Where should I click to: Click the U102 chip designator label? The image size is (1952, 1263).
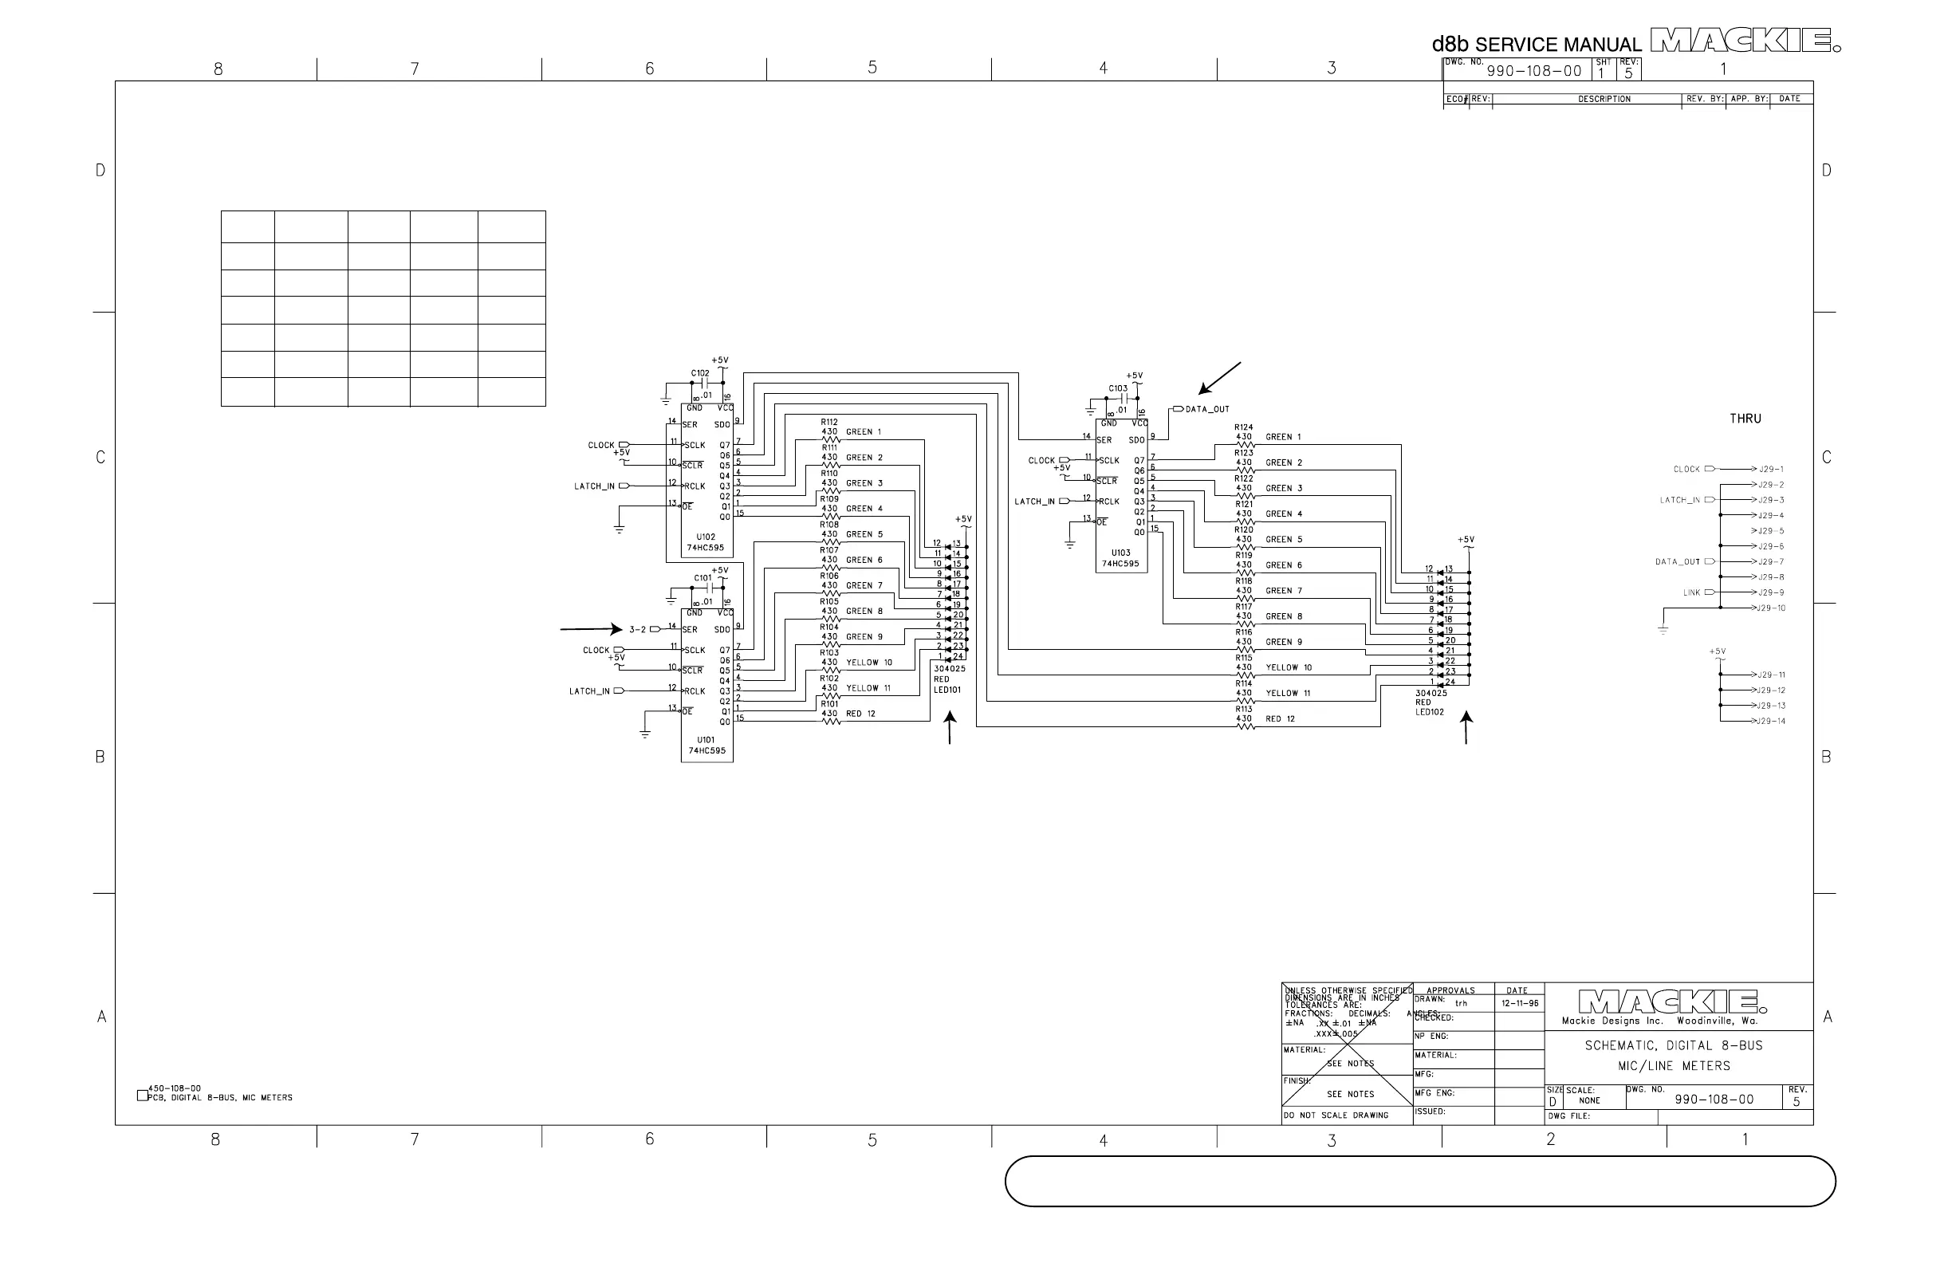(706, 537)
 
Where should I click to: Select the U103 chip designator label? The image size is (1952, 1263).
(1120, 553)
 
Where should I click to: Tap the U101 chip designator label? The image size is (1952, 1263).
(706, 740)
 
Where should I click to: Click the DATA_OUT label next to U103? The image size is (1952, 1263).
(1207, 409)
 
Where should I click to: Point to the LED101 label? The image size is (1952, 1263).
(946, 690)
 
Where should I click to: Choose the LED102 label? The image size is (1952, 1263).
(1430, 712)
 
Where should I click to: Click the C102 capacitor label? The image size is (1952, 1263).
(699, 373)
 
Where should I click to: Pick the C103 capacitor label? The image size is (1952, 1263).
(1118, 389)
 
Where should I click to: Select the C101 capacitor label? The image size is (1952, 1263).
(702, 578)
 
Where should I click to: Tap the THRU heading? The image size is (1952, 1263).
(1745, 419)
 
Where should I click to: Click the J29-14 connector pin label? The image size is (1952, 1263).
(1772, 722)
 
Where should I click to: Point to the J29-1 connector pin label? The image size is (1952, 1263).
(1771, 470)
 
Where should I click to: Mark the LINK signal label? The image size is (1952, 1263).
(1691, 593)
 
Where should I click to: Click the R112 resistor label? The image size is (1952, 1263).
(829, 423)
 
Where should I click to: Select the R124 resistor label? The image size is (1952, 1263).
(1243, 427)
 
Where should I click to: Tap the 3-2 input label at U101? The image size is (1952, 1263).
(637, 630)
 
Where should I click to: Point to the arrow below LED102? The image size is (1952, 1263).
(1466, 727)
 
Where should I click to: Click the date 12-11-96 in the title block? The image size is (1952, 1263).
(1520, 1003)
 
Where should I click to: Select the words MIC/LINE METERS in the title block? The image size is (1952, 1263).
(1673, 1066)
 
